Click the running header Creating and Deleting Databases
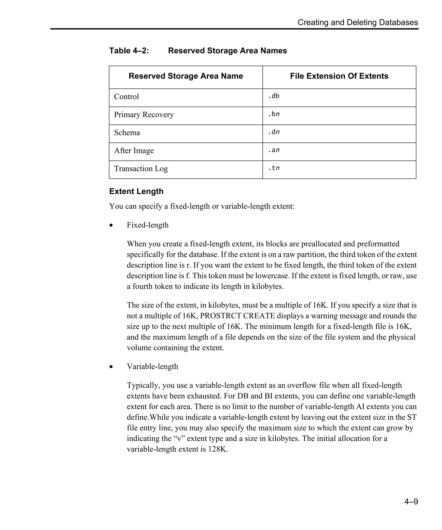pos(358,22)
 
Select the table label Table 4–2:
pos(129,51)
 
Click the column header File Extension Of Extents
pos(339,76)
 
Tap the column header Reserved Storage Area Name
pos(186,76)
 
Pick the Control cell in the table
pos(126,97)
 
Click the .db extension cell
pos(274,96)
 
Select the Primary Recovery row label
pos(144,114)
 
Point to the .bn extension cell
pos(274,114)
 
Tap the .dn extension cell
pos(274,132)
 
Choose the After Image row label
pos(134,151)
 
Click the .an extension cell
pos(274,150)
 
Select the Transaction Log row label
pos(141,169)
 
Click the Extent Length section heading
pos(136,191)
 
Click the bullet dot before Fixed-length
pos(111,225)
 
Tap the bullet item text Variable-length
pos(152,367)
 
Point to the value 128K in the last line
pos(218,449)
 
